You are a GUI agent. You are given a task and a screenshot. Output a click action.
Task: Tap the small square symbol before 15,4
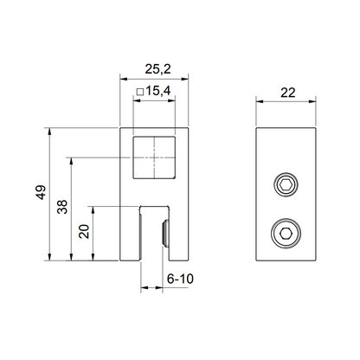coord(139,89)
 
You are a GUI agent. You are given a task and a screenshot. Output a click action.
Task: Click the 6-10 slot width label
coord(178,280)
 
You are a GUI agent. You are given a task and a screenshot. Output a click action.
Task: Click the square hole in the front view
coord(153,157)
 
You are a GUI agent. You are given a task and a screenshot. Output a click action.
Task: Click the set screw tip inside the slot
coord(164,232)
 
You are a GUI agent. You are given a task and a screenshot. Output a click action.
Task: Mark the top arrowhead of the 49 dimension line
coord(51,132)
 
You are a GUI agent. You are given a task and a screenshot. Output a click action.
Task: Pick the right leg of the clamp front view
coord(177,234)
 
